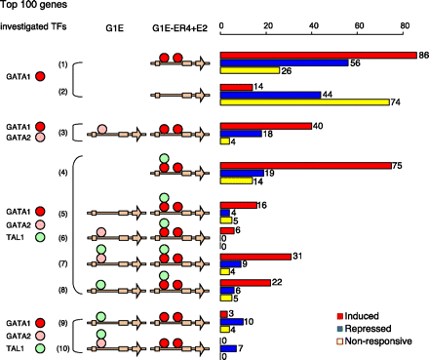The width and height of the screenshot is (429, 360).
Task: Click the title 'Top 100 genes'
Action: point(36,6)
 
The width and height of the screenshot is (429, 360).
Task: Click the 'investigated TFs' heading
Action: point(36,28)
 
